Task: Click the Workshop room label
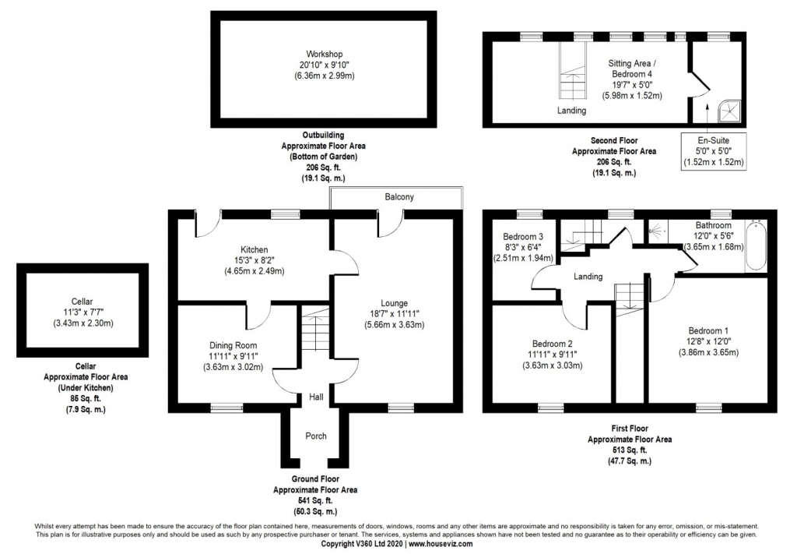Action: click(x=325, y=54)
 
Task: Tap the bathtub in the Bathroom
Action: click(x=755, y=245)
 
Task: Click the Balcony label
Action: click(x=399, y=197)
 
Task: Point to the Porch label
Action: click(x=316, y=436)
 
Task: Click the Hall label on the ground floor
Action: click(x=316, y=397)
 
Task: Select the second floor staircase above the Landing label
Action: click(x=573, y=69)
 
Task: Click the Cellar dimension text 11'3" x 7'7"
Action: click(x=82, y=312)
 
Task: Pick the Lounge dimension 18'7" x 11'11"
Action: click(x=395, y=314)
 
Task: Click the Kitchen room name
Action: click(x=255, y=250)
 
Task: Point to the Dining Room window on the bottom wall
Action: click(x=226, y=407)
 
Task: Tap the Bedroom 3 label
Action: click(x=523, y=237)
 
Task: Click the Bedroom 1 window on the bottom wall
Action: click(x=709, y=407)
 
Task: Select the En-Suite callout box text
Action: click(x=714, y=151)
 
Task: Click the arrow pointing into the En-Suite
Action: click(x=707, y=118)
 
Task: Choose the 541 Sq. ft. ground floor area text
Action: click(x=315, y=500)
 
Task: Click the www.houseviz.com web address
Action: click(x=441, y=544)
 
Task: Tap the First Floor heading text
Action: click(x=630, y=429)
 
